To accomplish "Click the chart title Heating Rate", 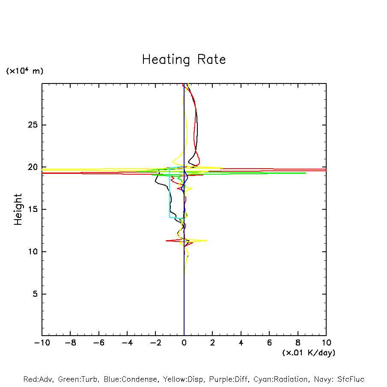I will point(184,60).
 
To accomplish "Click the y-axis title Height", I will point(18,209).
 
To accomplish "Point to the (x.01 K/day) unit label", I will point(308,353).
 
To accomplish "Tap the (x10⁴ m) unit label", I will point(24,71).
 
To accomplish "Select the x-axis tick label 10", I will point(326,343).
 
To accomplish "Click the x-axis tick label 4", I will point(241,343).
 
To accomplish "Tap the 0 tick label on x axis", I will point(184,343).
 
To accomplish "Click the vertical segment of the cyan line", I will point(170,193).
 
